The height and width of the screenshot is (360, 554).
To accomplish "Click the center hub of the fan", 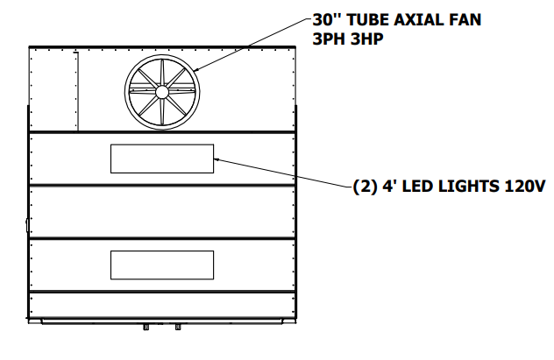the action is click(162, 92).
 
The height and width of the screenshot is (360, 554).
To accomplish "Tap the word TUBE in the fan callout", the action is click(366, 20).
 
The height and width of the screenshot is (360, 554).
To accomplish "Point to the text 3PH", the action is click(329, 39).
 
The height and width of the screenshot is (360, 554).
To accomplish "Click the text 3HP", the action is click(367, 39).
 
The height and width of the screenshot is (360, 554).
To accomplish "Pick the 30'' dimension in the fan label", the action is click(327, 20).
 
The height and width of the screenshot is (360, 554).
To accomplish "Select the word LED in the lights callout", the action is click(415, 186).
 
